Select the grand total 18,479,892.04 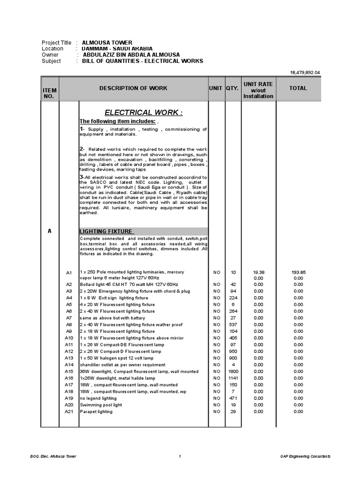pos(305,73)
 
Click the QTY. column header pos(232,88)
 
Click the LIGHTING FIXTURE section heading pos(107,232)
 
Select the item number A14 pos(69,365)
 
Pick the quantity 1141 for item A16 pos(233,378)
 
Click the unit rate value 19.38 pos(258,272)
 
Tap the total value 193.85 pos(299,272)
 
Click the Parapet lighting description pos(96,411)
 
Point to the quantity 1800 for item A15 pos(233,371)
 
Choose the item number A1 pos(69,272)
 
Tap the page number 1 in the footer pos(180,456)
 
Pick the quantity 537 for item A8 pos(233,325)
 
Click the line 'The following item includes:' pos(117,121)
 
